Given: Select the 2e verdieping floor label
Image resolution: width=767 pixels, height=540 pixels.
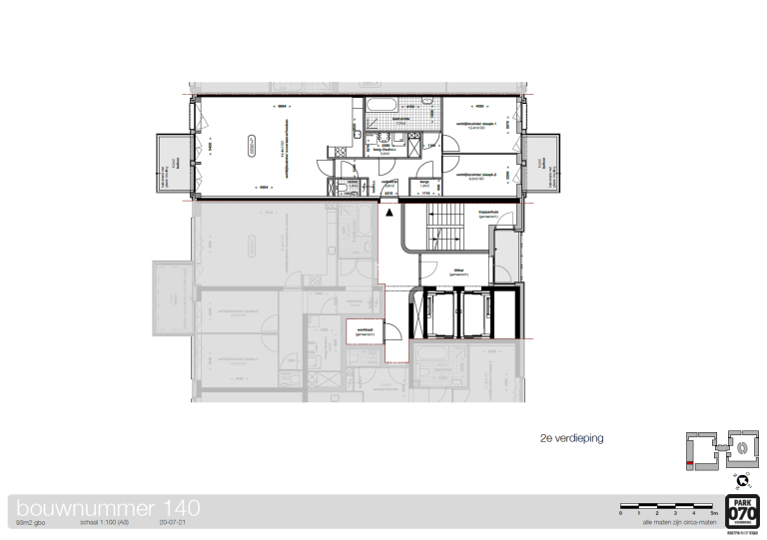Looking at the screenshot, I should (570, 437).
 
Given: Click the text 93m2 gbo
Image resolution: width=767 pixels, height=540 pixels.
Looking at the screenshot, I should (34, 521).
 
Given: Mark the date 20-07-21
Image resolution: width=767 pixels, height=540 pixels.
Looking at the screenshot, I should (173, 521).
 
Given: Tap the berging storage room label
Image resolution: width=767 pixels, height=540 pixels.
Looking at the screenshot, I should (422, 183).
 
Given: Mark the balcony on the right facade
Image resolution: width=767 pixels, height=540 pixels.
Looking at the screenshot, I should (542, 163).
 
